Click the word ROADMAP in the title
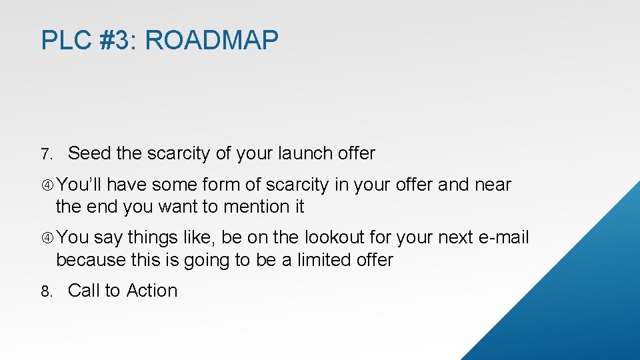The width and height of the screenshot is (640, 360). coord(211,41)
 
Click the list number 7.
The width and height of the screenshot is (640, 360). coord(45,155)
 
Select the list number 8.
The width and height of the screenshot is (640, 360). coord(45,292)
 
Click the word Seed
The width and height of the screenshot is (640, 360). coord(89,153)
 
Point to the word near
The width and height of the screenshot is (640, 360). coord(493,185)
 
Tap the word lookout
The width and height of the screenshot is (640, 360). coord(337,238)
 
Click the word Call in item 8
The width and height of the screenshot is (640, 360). coord(84,291)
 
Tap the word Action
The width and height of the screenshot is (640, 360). coord(152,291)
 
